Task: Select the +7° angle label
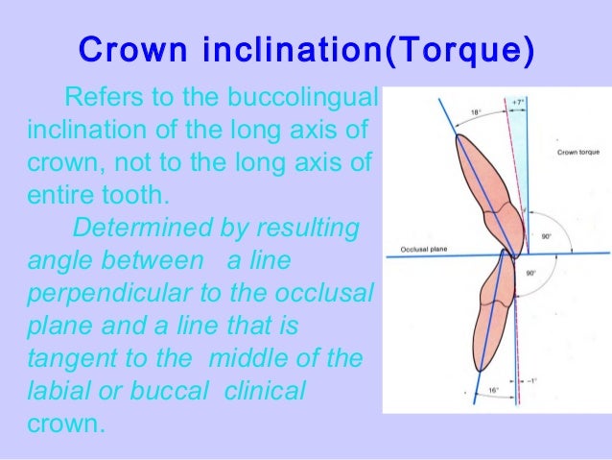(517, 101)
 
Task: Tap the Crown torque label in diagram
(575, 153)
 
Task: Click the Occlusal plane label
(418, 251)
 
